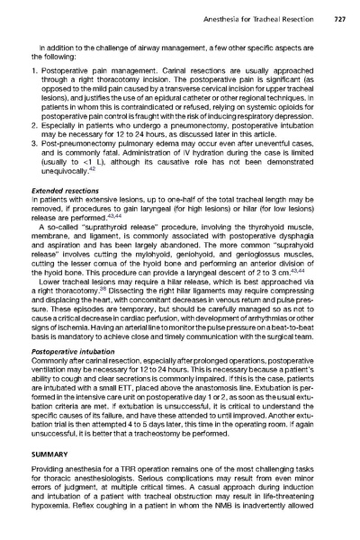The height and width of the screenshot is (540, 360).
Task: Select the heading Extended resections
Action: pyautogui.click(x=68, y=192)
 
